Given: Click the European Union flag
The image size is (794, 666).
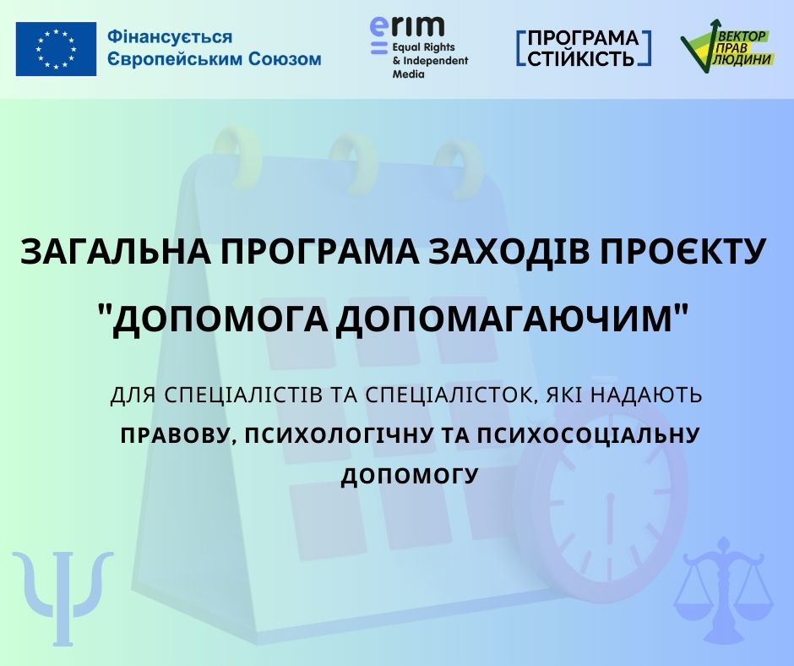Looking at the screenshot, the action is click(56, 49).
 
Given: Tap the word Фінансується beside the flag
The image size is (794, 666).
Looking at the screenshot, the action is click(170, 37).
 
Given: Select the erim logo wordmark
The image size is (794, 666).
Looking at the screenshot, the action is click(406, 27).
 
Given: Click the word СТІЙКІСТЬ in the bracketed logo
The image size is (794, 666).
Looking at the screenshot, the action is click(581, 57).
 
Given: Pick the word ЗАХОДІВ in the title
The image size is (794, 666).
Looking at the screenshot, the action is click(509, 251).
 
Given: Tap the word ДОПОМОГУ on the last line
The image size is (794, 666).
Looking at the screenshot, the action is click(410, 476).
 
